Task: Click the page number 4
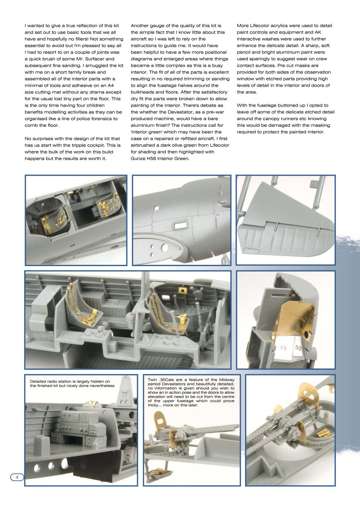pyautogui.click(x=17, y=477)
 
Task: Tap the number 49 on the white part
pyautogui.click(x=283, y=348)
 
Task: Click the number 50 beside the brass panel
pyautogui.click(x=298, y=347)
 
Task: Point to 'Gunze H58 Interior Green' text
pyautogui.click(x=160, y=159)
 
